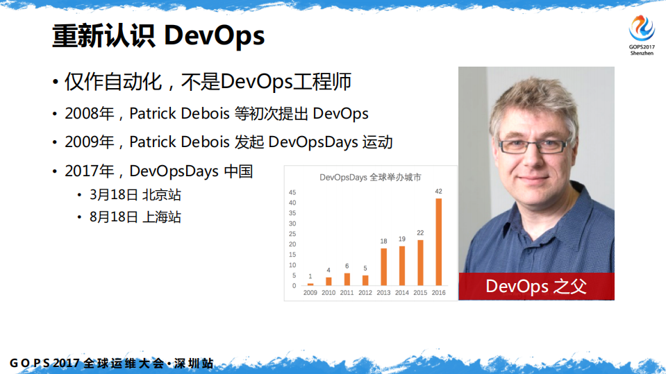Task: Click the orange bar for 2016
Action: [x=438, y=242]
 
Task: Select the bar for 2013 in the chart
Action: [x=383, y=267]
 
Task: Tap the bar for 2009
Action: [x=310, y=284]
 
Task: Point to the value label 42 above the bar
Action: [x=438, y=191]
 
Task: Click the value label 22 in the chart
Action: [x=420, y=232]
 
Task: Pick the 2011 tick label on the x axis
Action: [x=347, y=293]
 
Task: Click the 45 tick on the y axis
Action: [x=292, y=192]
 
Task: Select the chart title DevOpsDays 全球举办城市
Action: [x=370, y=177]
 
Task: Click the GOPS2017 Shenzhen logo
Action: [x=641, y=35]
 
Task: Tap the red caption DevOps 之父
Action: [x=536, y=286]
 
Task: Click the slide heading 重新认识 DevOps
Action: [x=158, y=36]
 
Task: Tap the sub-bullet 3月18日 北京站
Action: [x=135, y=194]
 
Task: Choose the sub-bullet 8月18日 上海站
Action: [x=135, y=216]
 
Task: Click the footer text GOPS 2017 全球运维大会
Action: [x=88, y=364]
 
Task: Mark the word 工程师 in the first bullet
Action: [x=328, y=82]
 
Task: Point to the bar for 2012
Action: [x=365, y=280]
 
